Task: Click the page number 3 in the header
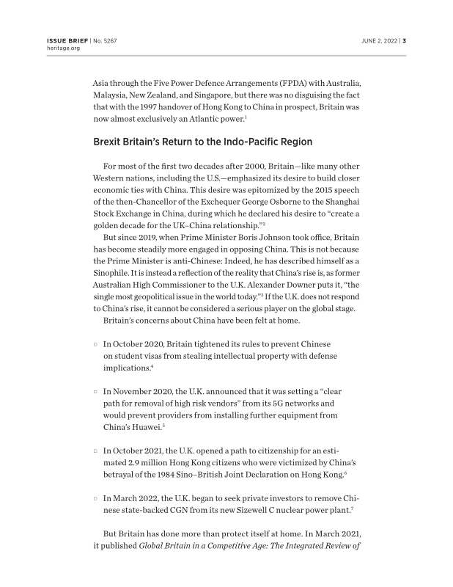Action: point(404,40)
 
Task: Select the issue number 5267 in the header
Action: point(109,40)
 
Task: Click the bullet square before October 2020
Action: point(96,345)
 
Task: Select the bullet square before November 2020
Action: point(96,392)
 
